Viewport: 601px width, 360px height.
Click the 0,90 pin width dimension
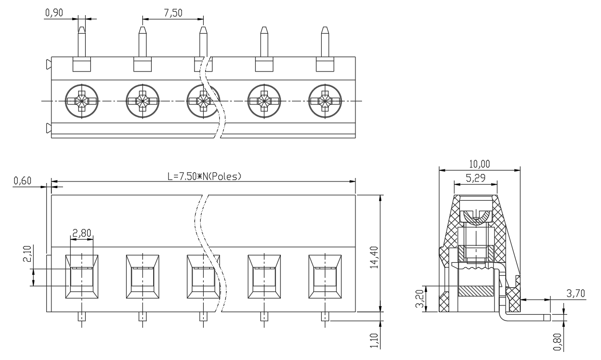pos(54,13)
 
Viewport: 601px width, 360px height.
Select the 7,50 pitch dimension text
pos(173,13)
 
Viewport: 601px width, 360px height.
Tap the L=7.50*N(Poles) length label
pos(205,176)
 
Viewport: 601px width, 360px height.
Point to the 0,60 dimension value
pos(22,181)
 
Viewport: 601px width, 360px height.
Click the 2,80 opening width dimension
pos(82,233)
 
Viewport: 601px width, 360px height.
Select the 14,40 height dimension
pos(374,258)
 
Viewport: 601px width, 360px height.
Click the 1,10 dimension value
pos(374,341)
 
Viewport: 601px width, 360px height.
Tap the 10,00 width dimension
pos(479,164)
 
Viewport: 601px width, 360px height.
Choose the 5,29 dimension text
pos(475,178)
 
